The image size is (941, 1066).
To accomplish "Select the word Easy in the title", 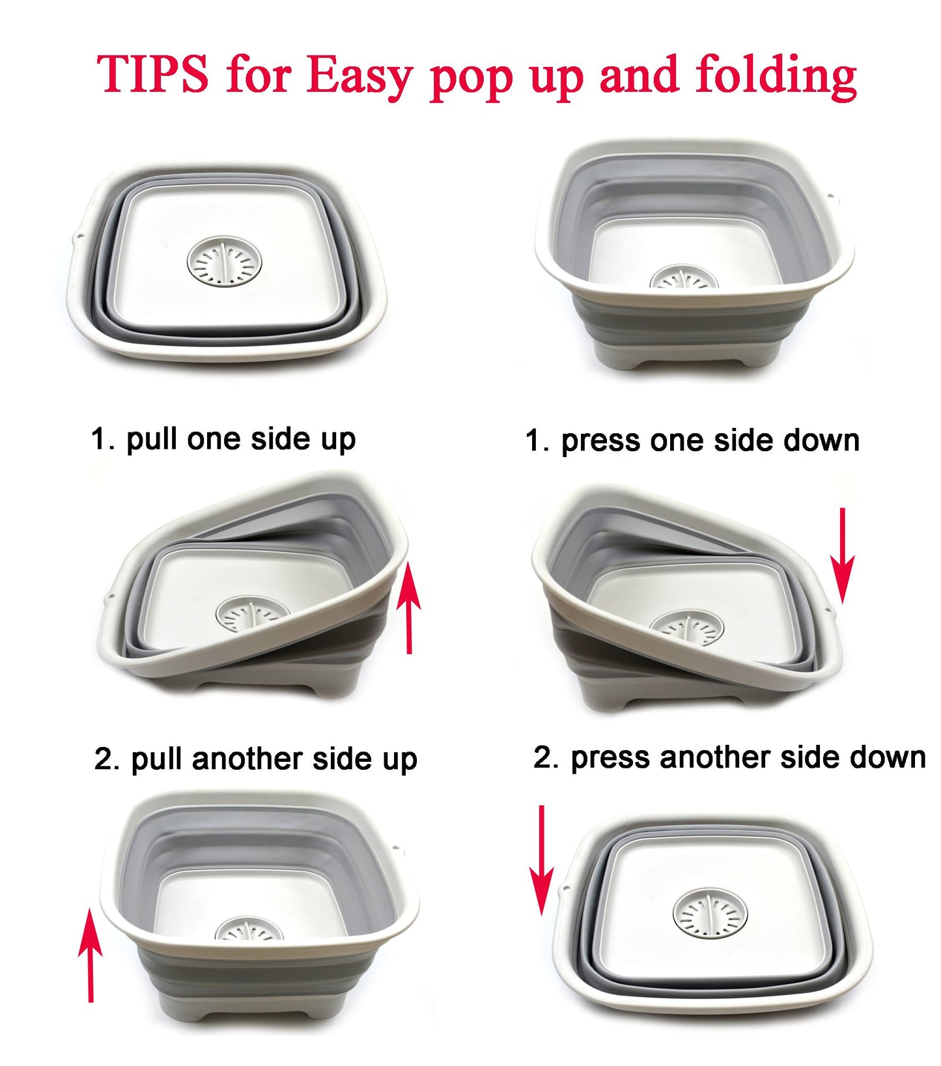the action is pyautogui.click(x=358, y=77).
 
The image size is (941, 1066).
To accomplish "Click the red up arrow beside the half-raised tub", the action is pyautogui.click(x=409, y=608).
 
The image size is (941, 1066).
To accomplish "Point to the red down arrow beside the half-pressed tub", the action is pyautogui.click(x=842, y=555).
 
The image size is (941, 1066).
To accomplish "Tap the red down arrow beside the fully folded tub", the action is pyautogui.click(x=541, y=860).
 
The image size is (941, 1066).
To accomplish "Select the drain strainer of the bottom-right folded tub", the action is pyautogui.click(x=710, y=915).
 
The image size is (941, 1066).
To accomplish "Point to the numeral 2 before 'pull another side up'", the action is pyautogui.click(x=104, y=759).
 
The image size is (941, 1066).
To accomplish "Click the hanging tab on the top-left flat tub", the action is pyautogui.click(x=76, y=240).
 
